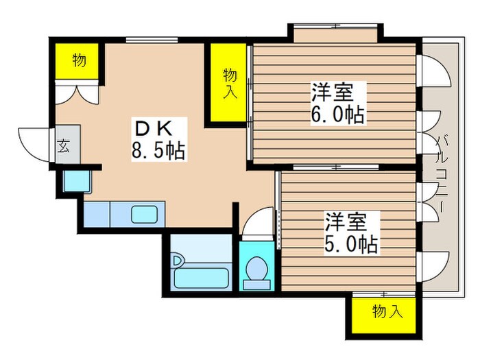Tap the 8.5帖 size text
(158, 151)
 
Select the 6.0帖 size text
(337, 115)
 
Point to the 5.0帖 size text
(352, 243)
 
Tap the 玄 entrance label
(62, 147)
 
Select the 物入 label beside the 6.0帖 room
(229, 82)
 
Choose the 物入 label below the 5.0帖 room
(387, 313)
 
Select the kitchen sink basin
(145, 214)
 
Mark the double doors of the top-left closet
(75, 93)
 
